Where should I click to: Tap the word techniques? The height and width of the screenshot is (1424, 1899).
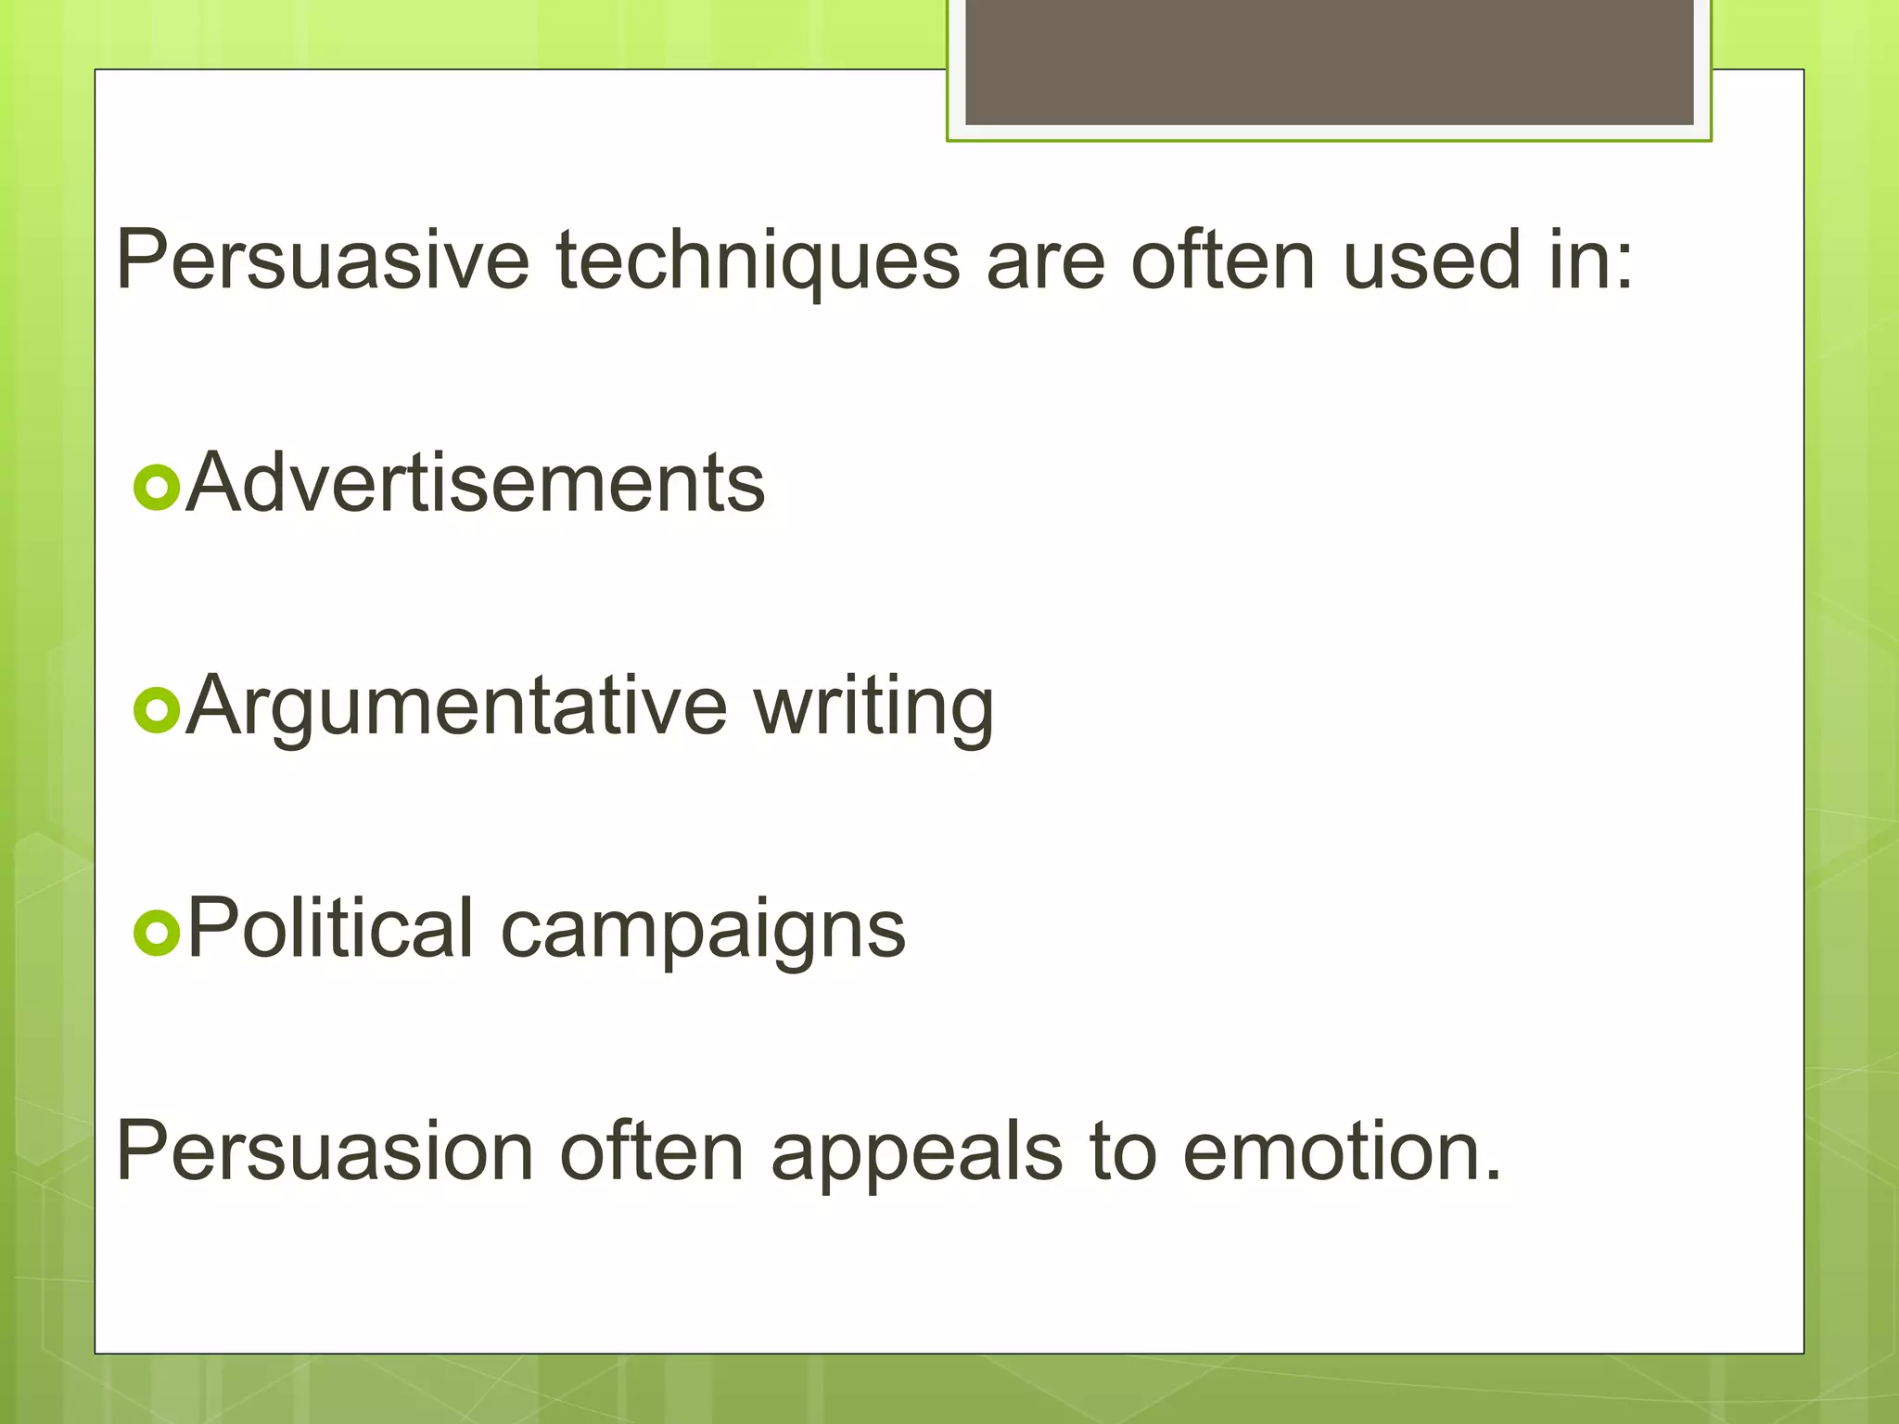[758, 262]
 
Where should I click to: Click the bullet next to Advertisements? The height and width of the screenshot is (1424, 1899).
[156, 487]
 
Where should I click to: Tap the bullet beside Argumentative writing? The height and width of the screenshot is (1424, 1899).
[156, 710]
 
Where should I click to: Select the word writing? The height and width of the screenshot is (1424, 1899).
[873, 708]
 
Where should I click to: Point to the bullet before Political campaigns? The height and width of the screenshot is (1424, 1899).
[156, 932]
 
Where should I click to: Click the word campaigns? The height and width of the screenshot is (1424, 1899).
[703, 931]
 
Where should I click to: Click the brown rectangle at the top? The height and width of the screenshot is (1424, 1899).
[1329, 61]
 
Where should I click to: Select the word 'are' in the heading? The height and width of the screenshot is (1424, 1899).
[1045, 262]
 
